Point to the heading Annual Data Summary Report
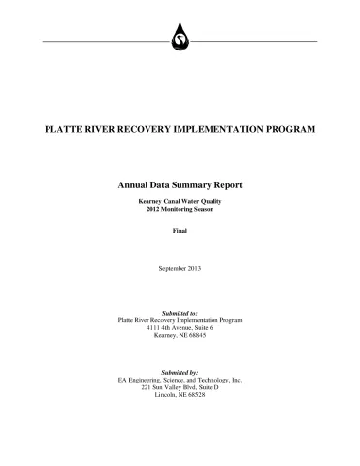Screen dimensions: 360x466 (180, 184)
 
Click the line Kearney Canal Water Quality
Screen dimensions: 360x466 (180, 200)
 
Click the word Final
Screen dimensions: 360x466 (180, 230)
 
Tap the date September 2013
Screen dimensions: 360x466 (180, 267)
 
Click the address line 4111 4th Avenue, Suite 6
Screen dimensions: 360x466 (180, 329)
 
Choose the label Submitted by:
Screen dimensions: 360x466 (180, 372)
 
